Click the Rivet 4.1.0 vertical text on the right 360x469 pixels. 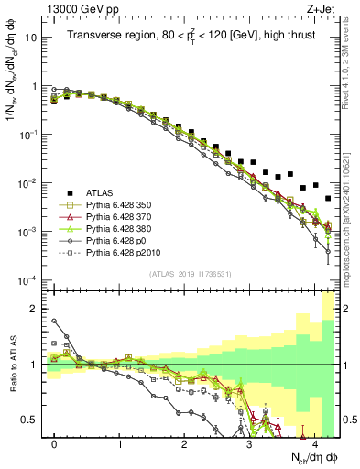351,64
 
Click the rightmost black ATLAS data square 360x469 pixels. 327,198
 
